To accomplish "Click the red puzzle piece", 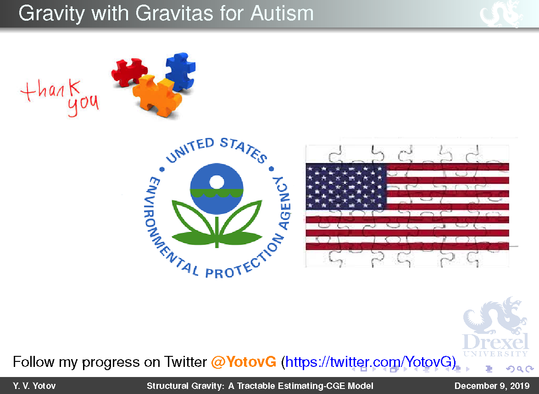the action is [x=129, y=71].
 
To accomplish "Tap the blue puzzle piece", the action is [x=180, y=71].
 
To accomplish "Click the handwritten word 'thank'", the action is [x=51, y=90].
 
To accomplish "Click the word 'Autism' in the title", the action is [x=282, y=13].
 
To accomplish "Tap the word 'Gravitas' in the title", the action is [x=174, y=13].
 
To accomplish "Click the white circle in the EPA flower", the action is [x=217, y=182].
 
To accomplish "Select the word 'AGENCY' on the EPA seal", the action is [x=283, y=203].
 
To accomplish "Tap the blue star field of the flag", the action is [x=346, y=186].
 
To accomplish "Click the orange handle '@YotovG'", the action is [x=244, y=362].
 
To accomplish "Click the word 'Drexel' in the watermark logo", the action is [x=496, y=342].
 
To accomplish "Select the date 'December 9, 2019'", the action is [x=492, y=386].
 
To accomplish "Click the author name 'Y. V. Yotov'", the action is [x=34, y=386].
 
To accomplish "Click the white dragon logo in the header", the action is [x=500, y=13].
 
